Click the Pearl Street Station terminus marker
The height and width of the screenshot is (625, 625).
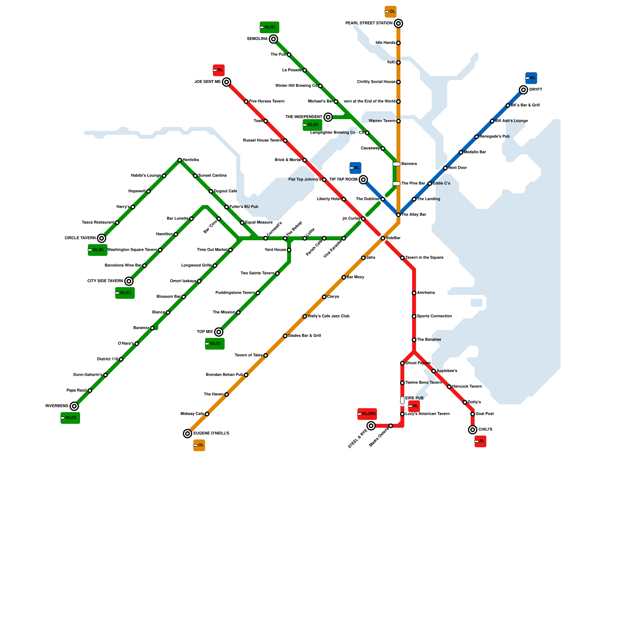398,23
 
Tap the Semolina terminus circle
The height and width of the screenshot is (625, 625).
273,39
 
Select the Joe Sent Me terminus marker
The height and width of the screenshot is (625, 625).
227,82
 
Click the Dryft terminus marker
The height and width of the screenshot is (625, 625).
523,90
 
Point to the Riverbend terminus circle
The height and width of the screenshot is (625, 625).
74,406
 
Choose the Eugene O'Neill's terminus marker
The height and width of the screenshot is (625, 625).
187,434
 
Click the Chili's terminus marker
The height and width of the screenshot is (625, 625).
473,430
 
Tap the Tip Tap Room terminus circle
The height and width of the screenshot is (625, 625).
363,180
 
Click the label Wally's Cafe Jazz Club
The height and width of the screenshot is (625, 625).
329,316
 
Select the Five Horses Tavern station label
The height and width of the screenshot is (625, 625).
267,102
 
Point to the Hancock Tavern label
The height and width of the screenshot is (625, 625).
467,387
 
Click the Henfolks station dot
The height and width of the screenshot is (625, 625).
180,160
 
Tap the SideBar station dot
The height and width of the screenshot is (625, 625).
383,238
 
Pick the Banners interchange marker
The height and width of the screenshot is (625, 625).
396,164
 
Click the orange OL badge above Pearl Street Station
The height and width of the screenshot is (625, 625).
391,12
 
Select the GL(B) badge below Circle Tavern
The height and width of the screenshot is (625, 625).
98,250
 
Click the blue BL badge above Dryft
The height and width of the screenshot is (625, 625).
531,78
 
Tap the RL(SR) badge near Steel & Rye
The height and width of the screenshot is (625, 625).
367,414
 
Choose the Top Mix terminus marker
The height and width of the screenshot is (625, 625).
219,332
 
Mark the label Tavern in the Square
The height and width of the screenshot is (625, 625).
424,258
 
